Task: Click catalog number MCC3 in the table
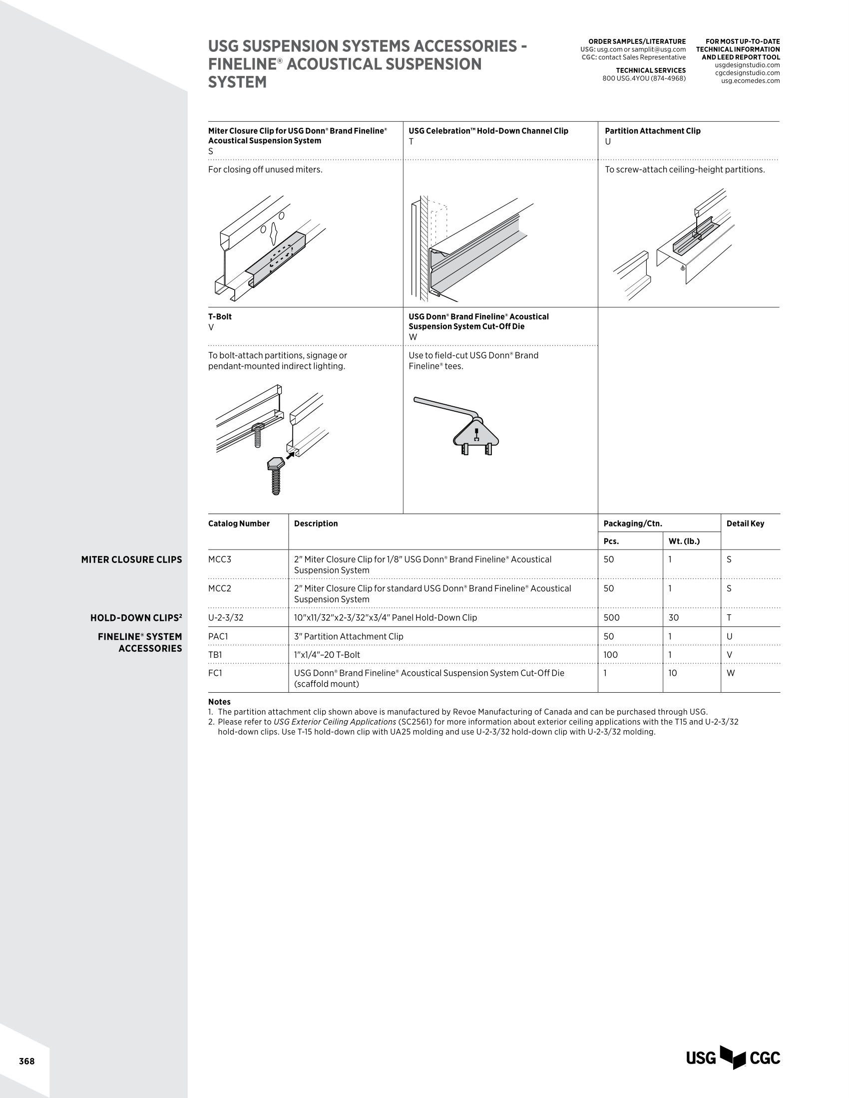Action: click(x=220, y=559)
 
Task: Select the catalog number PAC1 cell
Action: click(x=218, y=636)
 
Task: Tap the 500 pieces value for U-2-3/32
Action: click(x=612, y=617)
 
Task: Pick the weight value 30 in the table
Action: click(x=674, y=617)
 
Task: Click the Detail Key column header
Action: click(x=745, y=524)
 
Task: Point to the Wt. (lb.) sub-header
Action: click(x=684, y=541)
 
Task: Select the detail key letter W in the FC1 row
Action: click(x=730, y=673)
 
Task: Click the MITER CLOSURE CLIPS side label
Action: click(x=131, y=559)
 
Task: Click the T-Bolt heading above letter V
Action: click(x=220, y=317)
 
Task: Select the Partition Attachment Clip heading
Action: click(x=652, y=131)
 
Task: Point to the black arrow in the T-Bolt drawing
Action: click(x=290, y=455)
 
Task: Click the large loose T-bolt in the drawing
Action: click(x=275, y=475)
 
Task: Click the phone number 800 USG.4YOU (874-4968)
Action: click(x=644, y=78)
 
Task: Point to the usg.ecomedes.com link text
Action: click(x=750, y=80)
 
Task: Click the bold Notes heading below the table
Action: click(x=219, y=701)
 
